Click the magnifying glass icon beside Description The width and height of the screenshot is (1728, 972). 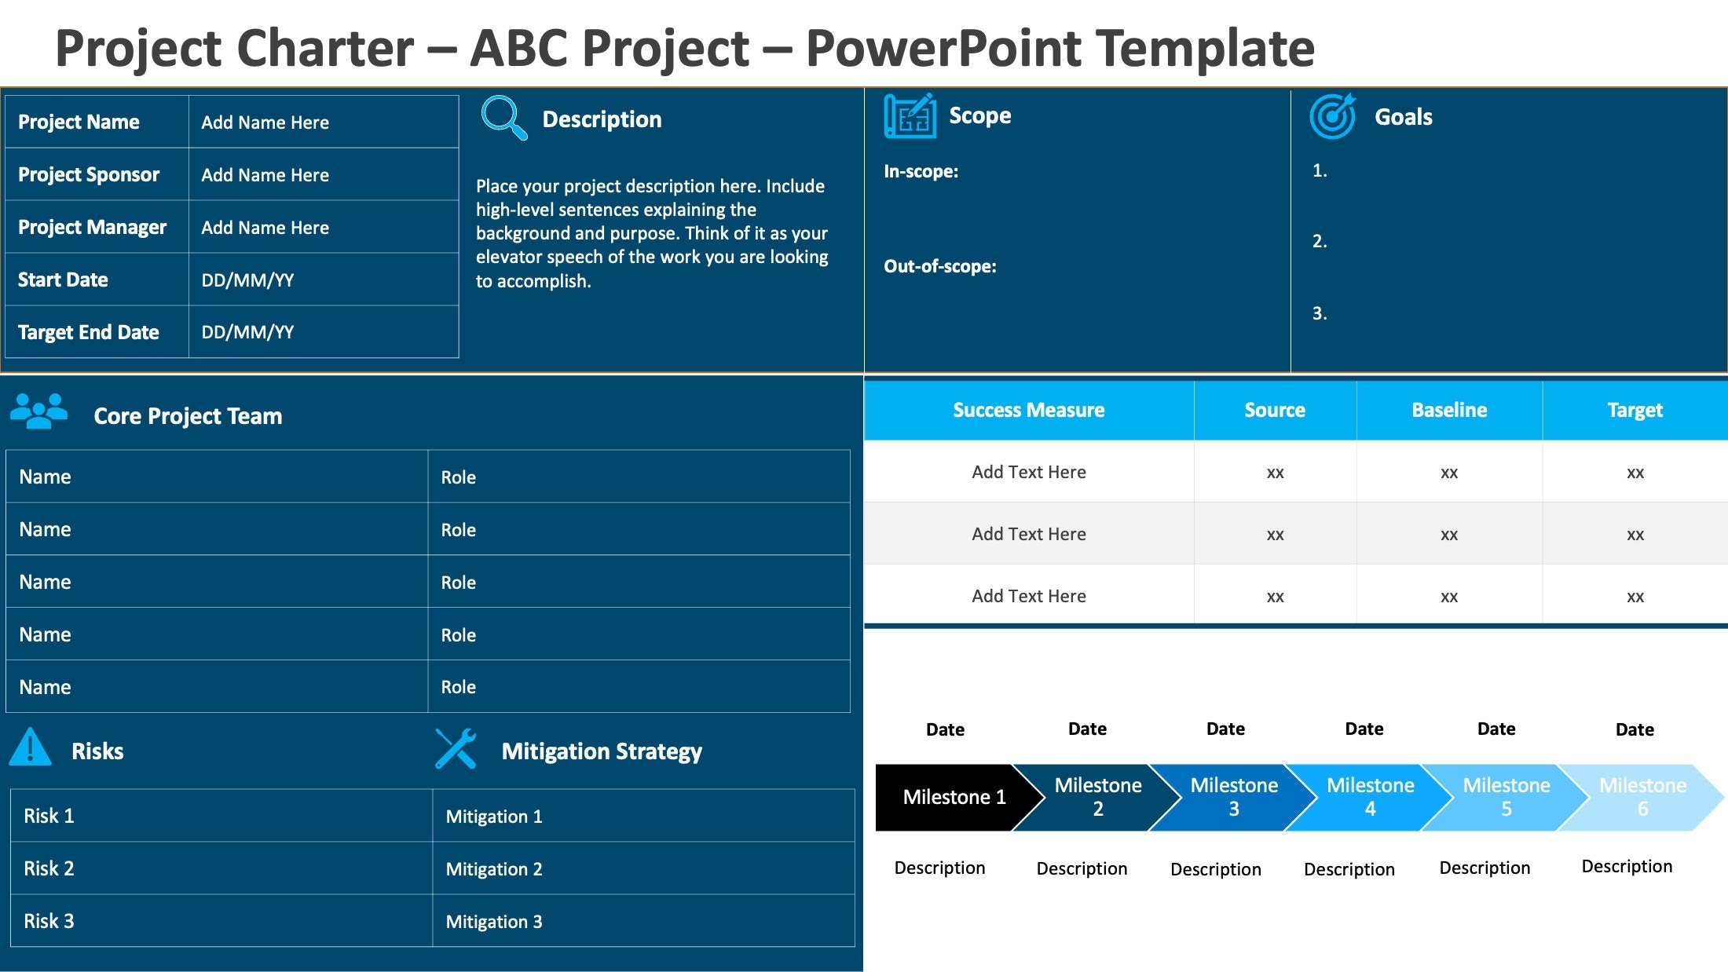[503, 118]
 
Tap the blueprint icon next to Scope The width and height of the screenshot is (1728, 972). [910, 116]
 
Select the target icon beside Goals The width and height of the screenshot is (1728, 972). [1332, 116]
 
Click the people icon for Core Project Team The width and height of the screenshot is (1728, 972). [38, 411]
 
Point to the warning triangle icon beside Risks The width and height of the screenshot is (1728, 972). [30, 747]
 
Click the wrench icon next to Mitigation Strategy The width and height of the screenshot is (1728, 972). [456, 749]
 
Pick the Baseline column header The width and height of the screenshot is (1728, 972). [1448, 410]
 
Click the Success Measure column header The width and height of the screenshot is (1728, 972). [1028, 410]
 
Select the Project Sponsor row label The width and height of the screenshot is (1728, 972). [89, 174]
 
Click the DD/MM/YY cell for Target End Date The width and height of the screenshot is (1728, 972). [247, 332]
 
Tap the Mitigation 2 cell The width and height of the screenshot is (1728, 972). [494, 869]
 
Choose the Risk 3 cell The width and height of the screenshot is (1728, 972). [49, 921]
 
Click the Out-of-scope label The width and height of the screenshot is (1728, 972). [939, 266]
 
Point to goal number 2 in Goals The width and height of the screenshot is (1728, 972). [1320, 241]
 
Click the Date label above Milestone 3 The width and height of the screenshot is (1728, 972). [1225, 729]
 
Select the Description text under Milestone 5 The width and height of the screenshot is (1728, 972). [1485, 868]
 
